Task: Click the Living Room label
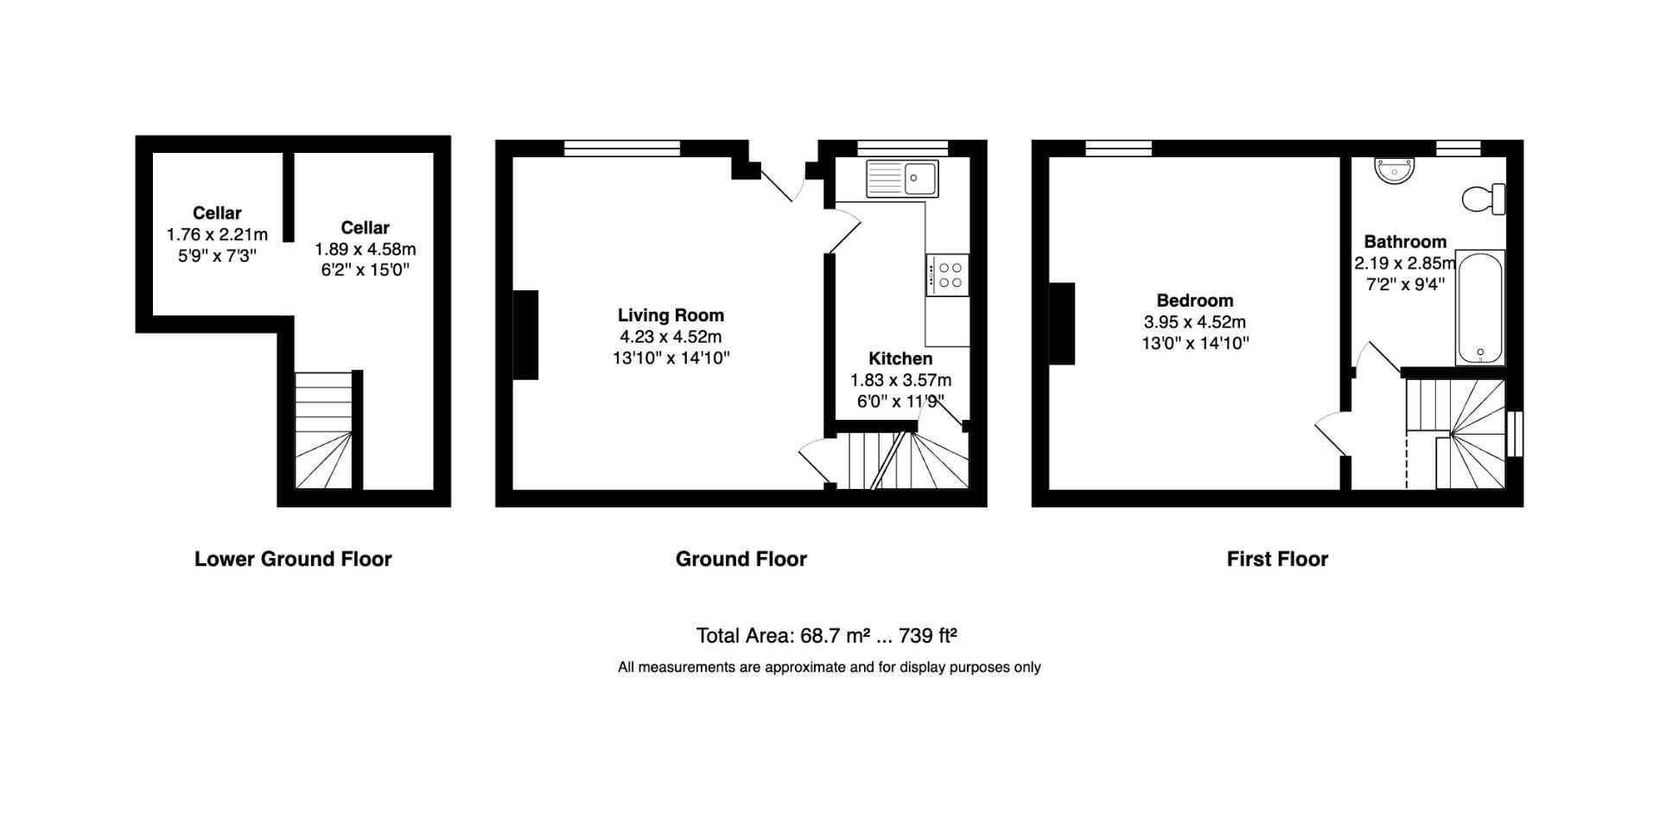pyautogui.click(x=671, y=315)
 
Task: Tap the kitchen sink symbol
pyautogui.click(x=903, y=179)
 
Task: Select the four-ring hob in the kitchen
pyautogui.click(x=948, y=276)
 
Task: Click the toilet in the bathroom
pyautogui.click(x=1484, y=199)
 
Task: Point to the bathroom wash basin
pyautogui.click(x=1395, y=170)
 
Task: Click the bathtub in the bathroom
pyautogui.click(x=1480, y=308)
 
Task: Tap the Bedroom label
pyautogui.click(x=1194, y=301)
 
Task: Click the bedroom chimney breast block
pyautogui.click(x=1062, y=323)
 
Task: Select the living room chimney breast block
pyautogui.click(x=525, y=334)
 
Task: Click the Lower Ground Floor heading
pyautogui.click(x=293, y=559)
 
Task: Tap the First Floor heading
pyautogui.click(x=1277, y=559)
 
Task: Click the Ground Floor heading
pyautogui.click(x=741, y=559)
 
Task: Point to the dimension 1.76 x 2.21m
pyautogui.click(x=217, y=234)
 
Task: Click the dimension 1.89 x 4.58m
pyautogui.click(x=365, y=249)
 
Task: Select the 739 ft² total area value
pyautogui.click(x=928, y=636)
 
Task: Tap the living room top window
pyautogui.click(x=622, y=149)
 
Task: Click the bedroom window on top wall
pyautogui.click(x=1118, y=149)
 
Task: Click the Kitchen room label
pyautogui.click(x=900, y=359)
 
